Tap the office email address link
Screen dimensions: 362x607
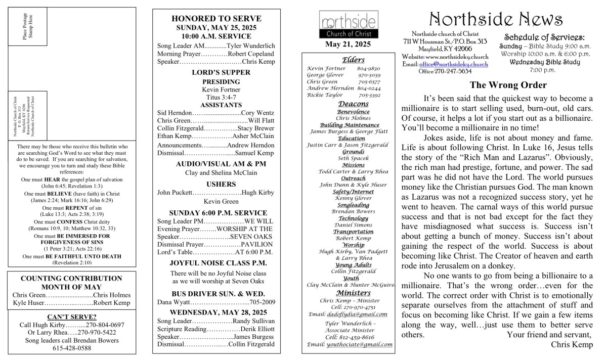[x=454, y=64]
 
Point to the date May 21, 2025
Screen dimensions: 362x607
[x=348, y=44]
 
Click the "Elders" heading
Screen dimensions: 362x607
[x=350, y=60]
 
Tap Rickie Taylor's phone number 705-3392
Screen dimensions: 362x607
[x=370, y=95]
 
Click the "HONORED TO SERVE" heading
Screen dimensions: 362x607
[x=216, y=19]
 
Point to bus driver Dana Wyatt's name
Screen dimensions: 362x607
[x=172, y=302]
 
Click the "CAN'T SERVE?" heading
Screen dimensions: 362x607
[x=71, y=317]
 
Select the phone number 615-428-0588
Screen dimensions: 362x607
[x=71, y=348]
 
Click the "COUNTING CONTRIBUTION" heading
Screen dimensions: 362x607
[x=71, y=279]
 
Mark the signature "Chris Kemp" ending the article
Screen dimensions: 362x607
[x=572, y=344]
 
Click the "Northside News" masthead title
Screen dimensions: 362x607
[x=496, y=19]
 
